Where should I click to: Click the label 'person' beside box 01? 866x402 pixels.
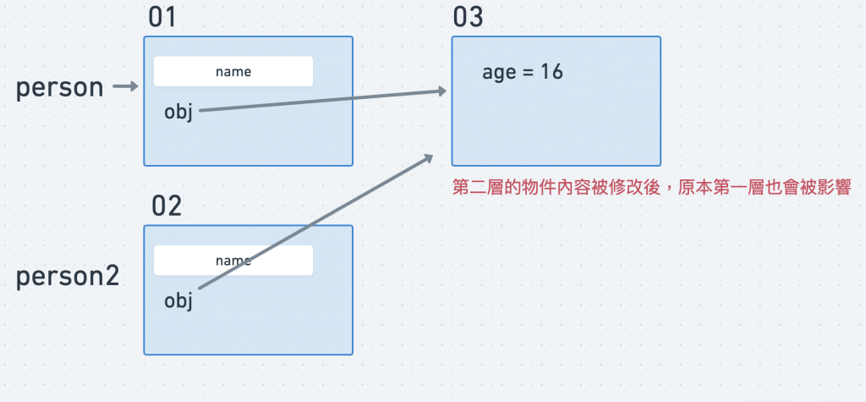click(59, 88)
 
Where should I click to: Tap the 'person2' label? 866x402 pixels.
click(68, 277)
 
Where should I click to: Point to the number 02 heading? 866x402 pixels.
click(167, 206)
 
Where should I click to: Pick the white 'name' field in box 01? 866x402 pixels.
click(233, 72)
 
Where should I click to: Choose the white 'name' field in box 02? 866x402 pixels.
click(233, 261)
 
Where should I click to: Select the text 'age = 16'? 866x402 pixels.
click(523, 73)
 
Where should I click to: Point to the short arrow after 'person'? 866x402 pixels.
click(125, 86)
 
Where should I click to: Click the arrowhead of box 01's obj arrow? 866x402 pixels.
click(442, 91)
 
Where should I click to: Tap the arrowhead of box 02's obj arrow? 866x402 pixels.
click(428, 158)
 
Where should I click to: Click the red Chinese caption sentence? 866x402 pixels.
click(651, 187)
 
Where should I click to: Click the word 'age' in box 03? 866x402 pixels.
click(499, 74)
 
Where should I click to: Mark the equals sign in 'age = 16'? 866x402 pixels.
click(529, 73)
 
